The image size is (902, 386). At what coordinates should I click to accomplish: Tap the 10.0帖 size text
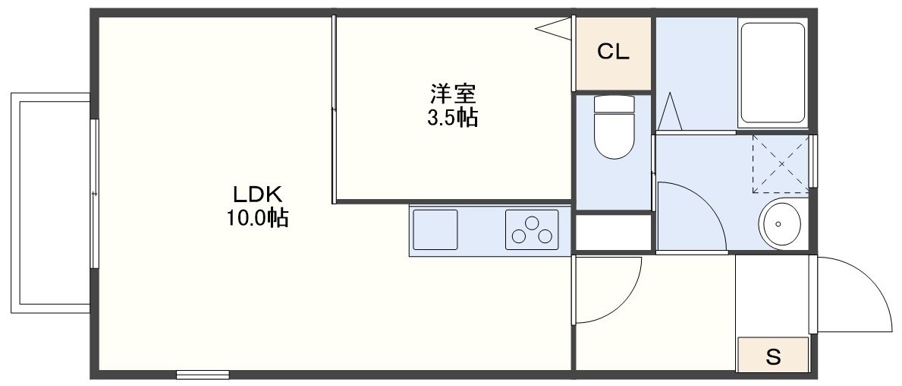(256, 219)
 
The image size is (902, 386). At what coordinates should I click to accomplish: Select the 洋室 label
(453, 94)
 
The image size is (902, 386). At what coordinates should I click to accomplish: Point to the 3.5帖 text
(453, 118)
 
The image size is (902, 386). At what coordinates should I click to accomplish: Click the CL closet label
(613, 52)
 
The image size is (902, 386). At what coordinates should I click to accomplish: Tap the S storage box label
(773, 356)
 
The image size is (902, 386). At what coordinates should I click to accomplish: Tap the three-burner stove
(531, 229)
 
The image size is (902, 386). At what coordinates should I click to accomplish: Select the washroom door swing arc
(690, 213)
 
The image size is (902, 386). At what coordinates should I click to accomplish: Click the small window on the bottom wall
(203, 374)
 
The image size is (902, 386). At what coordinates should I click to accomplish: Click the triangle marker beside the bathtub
(671, 112)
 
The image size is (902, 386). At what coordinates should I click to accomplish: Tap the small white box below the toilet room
(613, 233)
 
